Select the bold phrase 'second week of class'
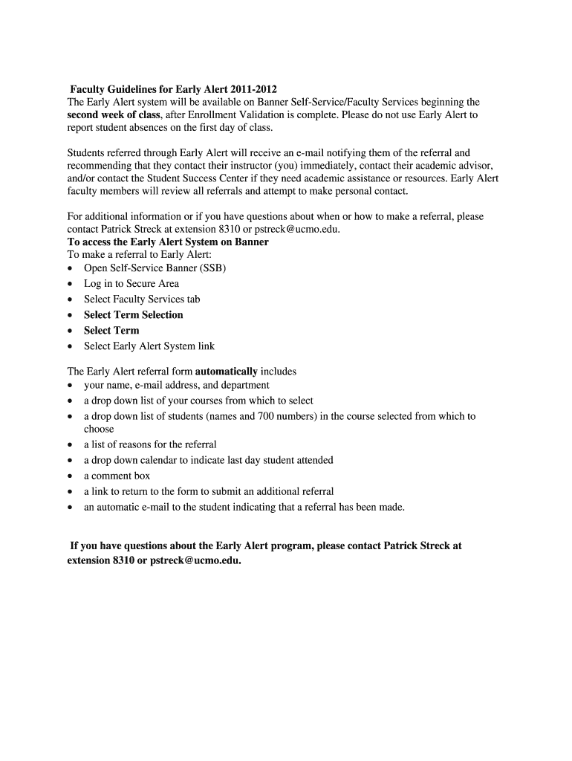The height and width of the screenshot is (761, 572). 113,115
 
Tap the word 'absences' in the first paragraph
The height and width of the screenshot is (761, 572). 159,128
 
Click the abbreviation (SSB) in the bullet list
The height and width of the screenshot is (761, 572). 212,268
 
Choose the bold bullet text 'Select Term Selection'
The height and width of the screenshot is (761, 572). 133,314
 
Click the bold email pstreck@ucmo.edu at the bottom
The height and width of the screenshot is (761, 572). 195,560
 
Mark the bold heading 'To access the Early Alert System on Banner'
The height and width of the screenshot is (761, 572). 168,242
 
